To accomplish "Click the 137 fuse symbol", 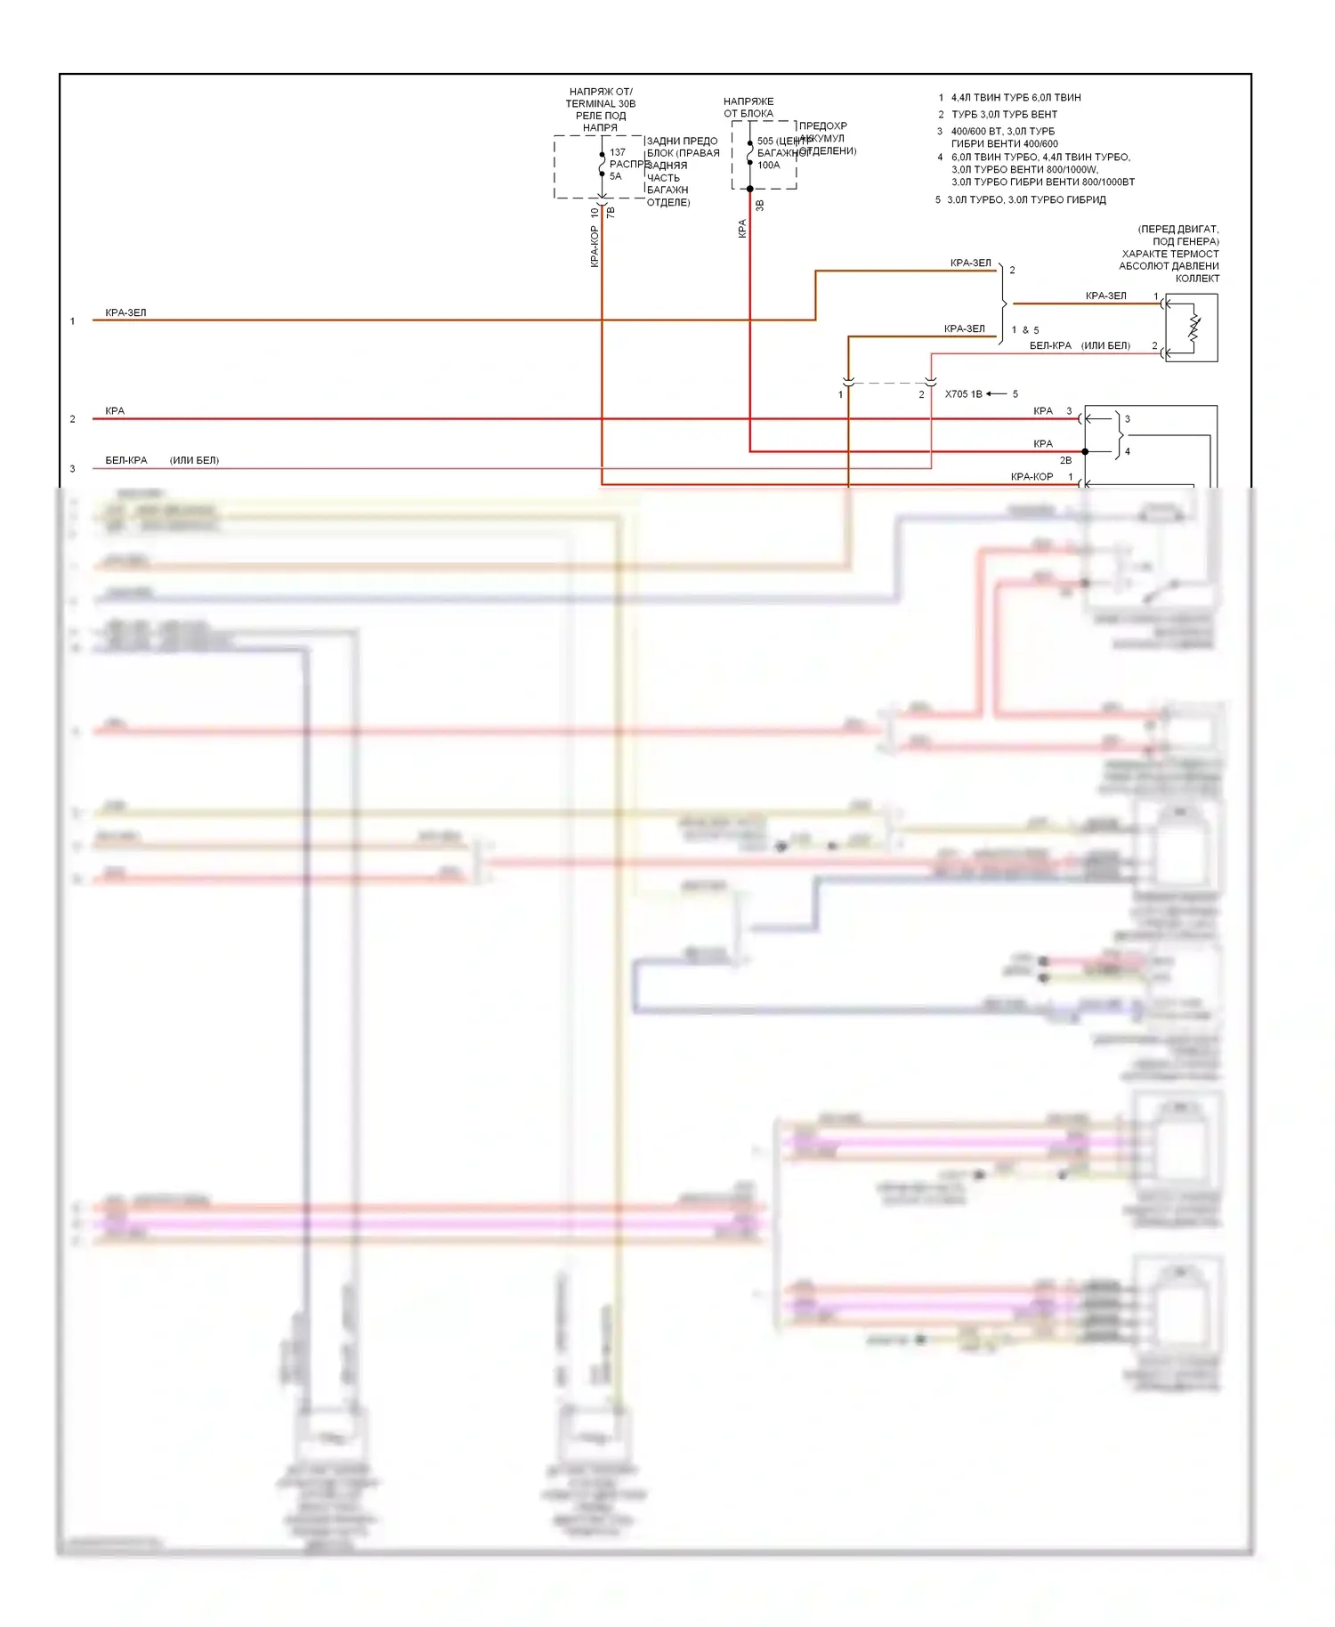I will (603, 164).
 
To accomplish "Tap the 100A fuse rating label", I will (768, 165).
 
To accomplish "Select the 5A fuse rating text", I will (616, 176).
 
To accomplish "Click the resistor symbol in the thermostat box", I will (1193, 328).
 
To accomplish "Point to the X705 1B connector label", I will (963, 393).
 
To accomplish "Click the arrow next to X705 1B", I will (996, 393).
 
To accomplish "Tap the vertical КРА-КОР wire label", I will (594, 246).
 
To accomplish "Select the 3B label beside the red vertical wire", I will (759, 206).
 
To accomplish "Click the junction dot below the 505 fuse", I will (750, 189).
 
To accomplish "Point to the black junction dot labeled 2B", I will (1085, 451).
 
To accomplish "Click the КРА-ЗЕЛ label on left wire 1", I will (125, 312).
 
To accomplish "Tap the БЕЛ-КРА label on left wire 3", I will (126, 460).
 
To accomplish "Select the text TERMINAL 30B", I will (601, 103).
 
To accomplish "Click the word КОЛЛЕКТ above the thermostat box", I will (1197, 279).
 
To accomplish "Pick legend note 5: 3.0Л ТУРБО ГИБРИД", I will (1026, 199).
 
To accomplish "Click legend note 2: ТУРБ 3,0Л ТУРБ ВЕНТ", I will (1004, 114).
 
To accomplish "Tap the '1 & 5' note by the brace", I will (1025, 329).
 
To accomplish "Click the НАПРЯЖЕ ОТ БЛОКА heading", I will (748, 107).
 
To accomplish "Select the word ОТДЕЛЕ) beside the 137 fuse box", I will (668, 202).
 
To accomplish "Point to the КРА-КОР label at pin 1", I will (1032, 476).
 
